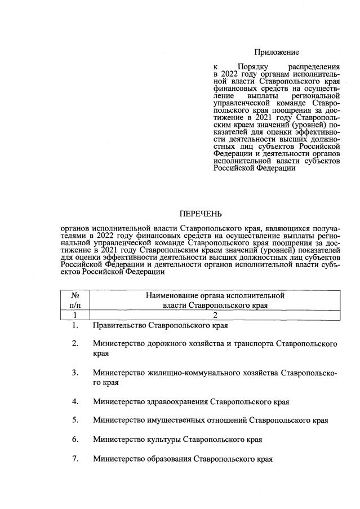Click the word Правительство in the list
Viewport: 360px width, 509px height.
coord(120,326)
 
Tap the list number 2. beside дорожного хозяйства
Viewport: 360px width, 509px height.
coord(75,343)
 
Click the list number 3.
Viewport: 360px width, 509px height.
coord(75,373)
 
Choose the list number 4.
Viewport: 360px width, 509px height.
coord(75,401)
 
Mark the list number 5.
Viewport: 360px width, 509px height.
coord(75,420)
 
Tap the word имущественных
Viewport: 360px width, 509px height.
coord(174,420)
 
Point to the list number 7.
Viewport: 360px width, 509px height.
coord(75,458)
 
